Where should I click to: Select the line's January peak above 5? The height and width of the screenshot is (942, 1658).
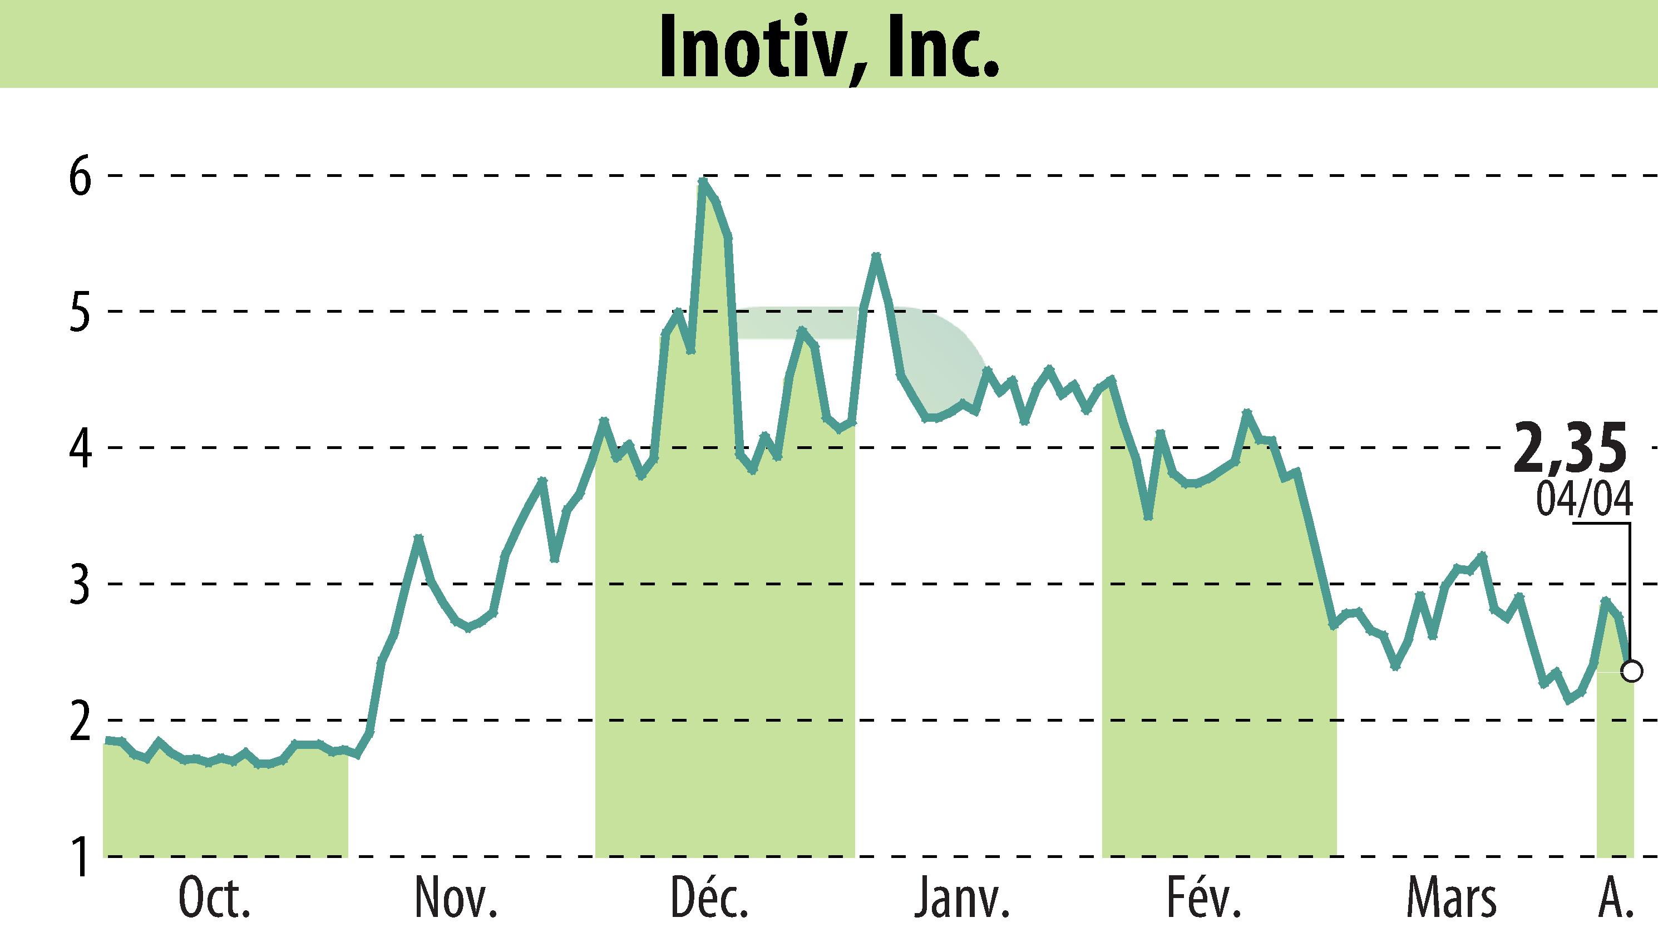point(876,255)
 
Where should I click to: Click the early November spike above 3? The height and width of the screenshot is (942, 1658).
point(418,537)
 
